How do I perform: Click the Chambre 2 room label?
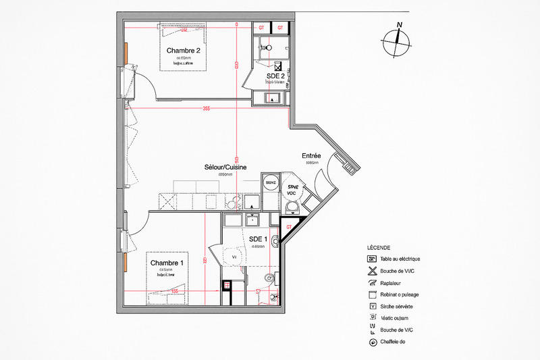(x=184, y=50)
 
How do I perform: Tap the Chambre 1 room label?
(x=167, y=263)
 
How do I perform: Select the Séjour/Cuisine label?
(x=225, y=167)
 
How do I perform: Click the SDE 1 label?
(x=258, y=239)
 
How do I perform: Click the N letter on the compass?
(x=400, y=26)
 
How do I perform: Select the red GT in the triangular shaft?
(x=288, y=226)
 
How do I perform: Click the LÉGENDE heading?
(x=379, y=247)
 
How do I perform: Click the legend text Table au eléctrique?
(x=400, y=259)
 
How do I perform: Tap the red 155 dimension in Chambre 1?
(x=174, y=291)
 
